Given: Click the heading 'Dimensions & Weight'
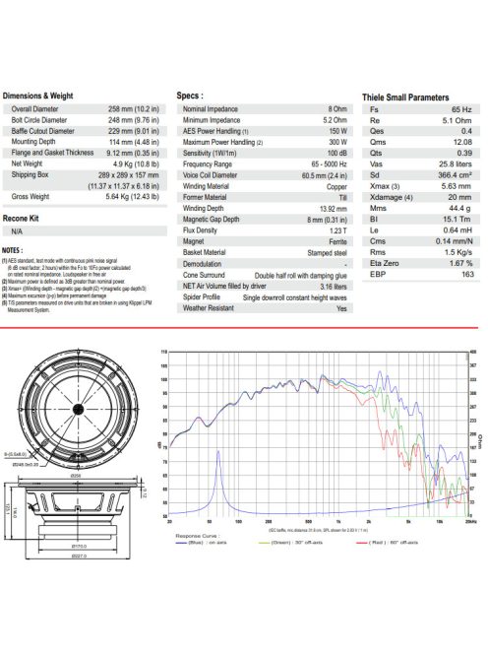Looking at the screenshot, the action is (x=39, y=96).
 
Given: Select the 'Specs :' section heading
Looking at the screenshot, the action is (x=189, y=96).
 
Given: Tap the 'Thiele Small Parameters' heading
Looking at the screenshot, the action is (x=405, y=98).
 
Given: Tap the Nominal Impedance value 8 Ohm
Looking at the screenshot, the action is (x=336, y=107).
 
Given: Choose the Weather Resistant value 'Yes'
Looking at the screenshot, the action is (x=341, y=307).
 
